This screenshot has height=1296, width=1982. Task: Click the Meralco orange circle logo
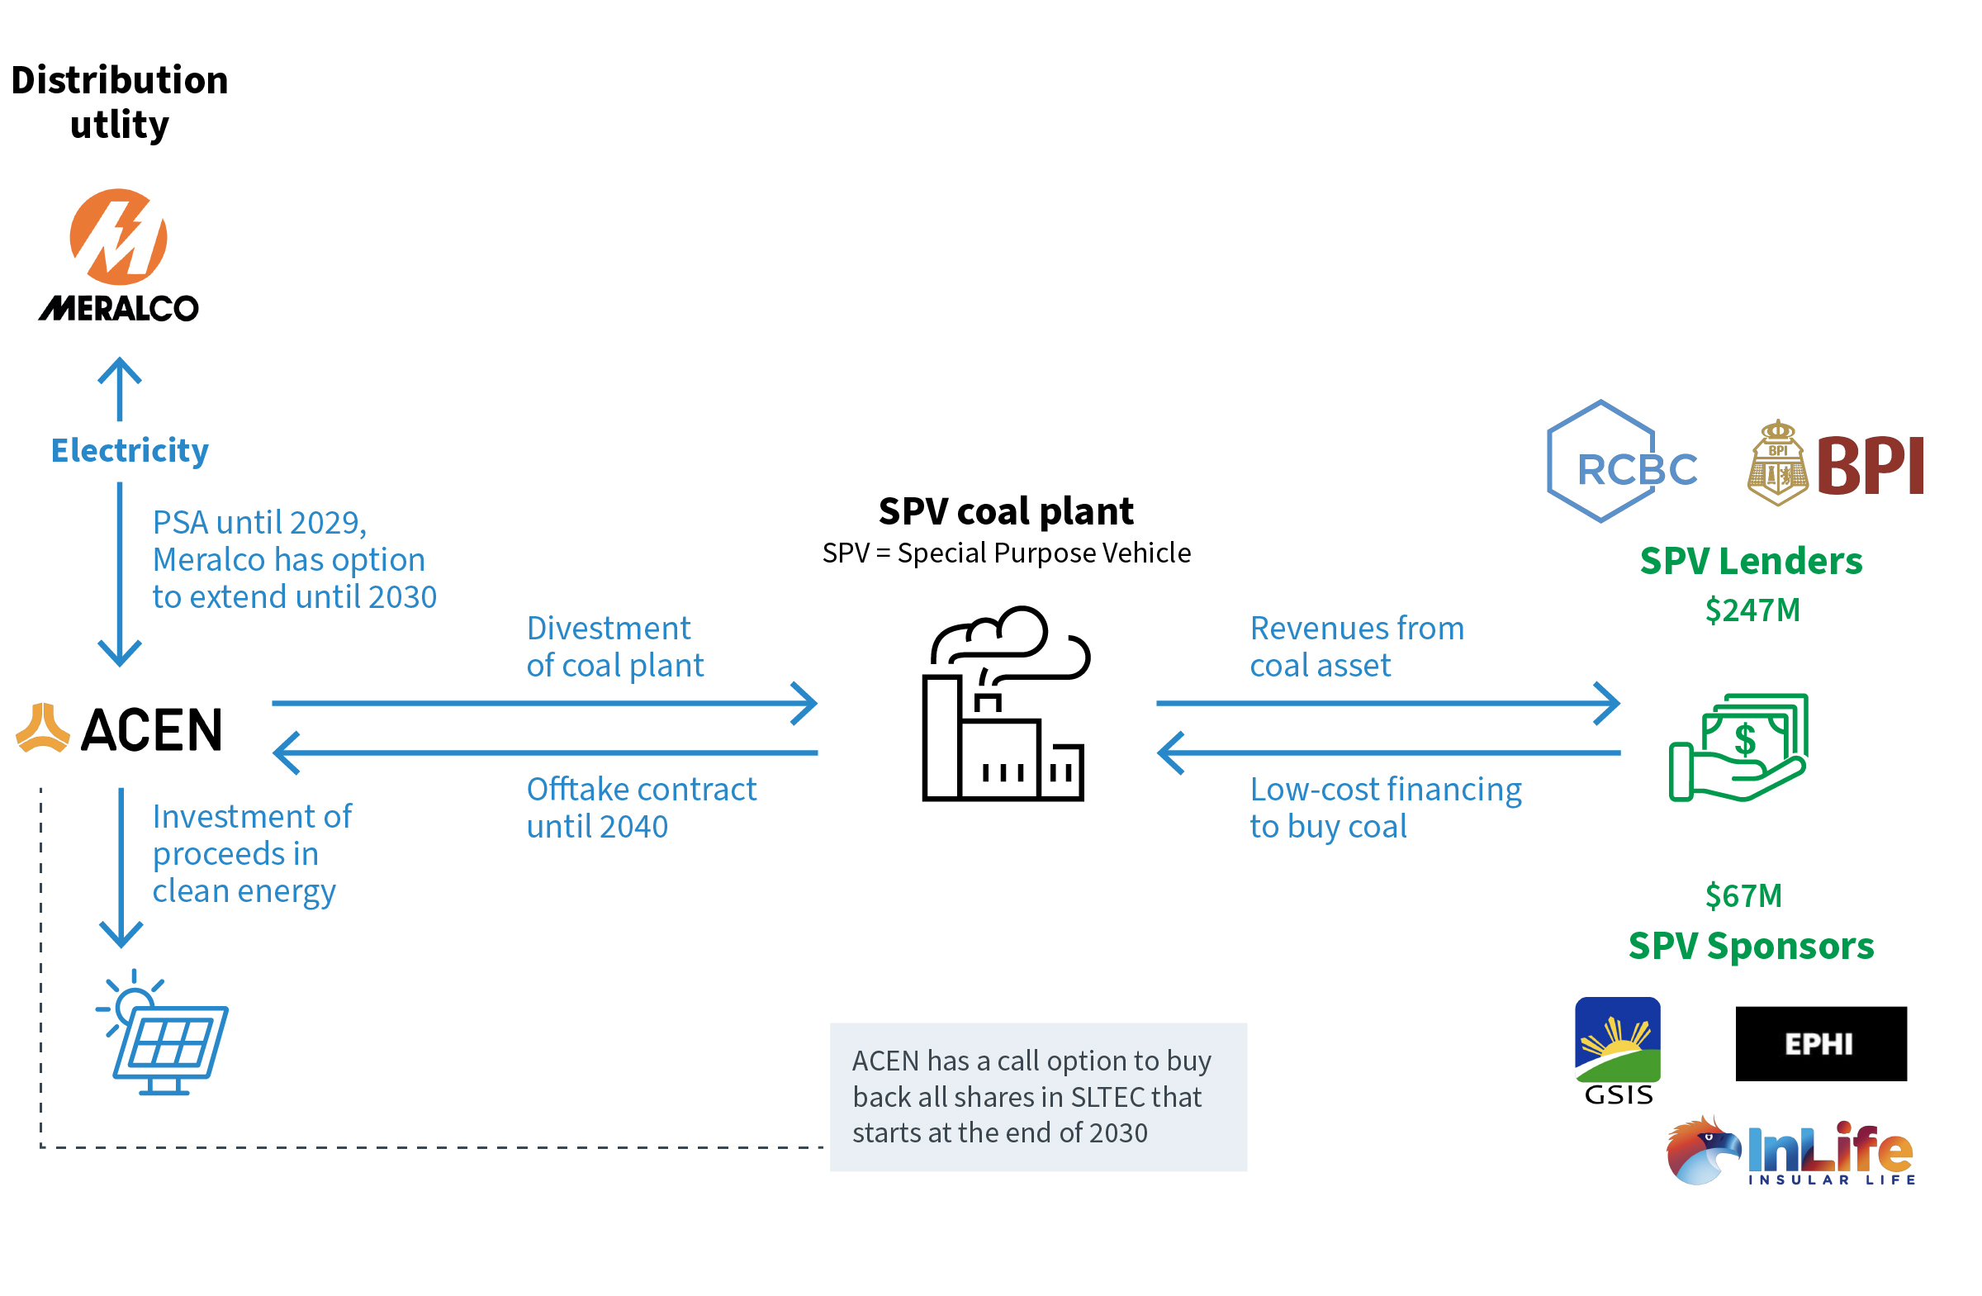(118, 236)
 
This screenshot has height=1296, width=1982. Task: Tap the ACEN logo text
(152, 730)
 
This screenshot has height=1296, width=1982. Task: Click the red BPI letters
(1870, 467)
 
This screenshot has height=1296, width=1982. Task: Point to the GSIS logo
(1617, 1050)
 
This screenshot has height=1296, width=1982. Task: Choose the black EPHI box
(1820, 1042)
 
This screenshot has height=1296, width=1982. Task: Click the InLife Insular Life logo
(1790, 1151)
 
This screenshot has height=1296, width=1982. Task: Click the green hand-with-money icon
(1739, 746)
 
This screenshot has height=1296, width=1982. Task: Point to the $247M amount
(1752, 610)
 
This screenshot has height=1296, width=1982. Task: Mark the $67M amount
(1743, 896)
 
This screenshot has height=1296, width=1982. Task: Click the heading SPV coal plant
(1005, 511)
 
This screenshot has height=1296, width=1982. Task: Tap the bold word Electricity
(130, 451)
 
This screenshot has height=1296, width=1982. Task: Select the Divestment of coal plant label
(614, 646)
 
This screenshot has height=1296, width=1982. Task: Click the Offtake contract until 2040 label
(641, 807)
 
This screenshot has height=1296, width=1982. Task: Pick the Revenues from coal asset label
(1357, 646)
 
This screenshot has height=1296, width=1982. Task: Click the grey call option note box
(1037, 1096)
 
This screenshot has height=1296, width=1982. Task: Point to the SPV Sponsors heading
(1751, 946)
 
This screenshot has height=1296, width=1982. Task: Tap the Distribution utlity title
(119, 102)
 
